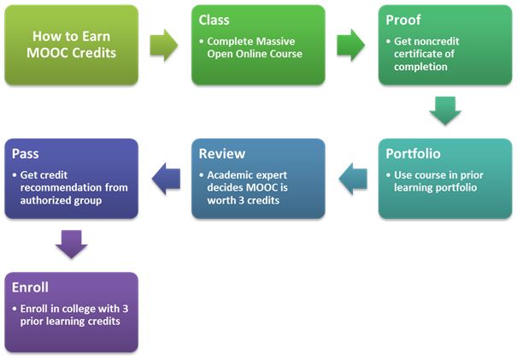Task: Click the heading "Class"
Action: click(214, 20)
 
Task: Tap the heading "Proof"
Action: click(403, 20)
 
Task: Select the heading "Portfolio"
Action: click(413, 153)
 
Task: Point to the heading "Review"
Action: click(222, 153)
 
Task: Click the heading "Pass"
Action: click(26, 153)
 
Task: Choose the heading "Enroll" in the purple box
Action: click(30, 287)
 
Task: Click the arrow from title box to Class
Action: click(164, 45)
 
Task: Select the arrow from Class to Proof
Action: click(351, 45)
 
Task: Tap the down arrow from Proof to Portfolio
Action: click(445, 111)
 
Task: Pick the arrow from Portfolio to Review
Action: click(353, 179)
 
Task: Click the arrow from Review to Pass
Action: click(166, 179)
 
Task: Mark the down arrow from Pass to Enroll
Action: click(72, 245)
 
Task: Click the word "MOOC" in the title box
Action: click(48, 53)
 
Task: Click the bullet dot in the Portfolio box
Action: click(389, 175)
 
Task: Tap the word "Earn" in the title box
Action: click(96, 36)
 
